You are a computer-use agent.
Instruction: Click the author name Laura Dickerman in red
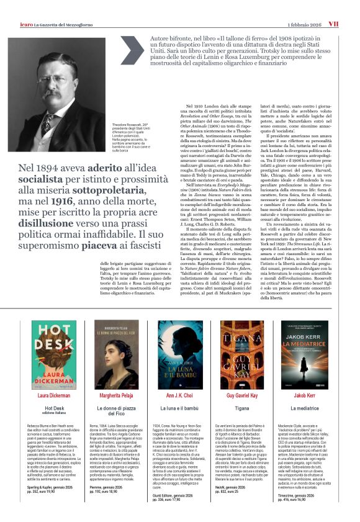pos(52,395)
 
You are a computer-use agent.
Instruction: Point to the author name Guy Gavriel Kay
pos(244,395)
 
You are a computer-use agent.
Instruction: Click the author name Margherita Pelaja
pos(116,395)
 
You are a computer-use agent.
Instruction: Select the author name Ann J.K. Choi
pos(179,395)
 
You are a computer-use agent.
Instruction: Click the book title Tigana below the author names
pos(244,409)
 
